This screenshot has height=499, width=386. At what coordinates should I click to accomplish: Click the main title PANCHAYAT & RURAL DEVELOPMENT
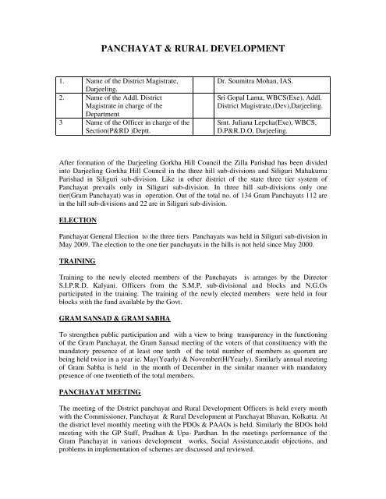click(193, 48)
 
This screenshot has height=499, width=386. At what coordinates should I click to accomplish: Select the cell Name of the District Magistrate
click(125, 80)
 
